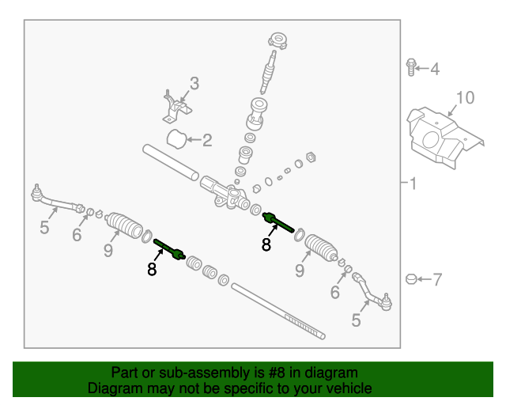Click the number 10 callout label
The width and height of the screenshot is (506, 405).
[465, 97]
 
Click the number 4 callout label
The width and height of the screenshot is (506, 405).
[434, 70]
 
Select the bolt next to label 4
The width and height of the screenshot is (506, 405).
[411, 68]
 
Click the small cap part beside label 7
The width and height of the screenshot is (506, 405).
[410, 278]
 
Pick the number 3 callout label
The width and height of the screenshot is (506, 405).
[194, 83]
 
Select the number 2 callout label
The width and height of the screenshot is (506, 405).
[207, 142]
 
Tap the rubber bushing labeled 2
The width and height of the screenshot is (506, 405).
[177, 139]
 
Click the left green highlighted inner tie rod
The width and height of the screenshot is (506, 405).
[169, 248]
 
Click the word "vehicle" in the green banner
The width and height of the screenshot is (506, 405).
[346, 388]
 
